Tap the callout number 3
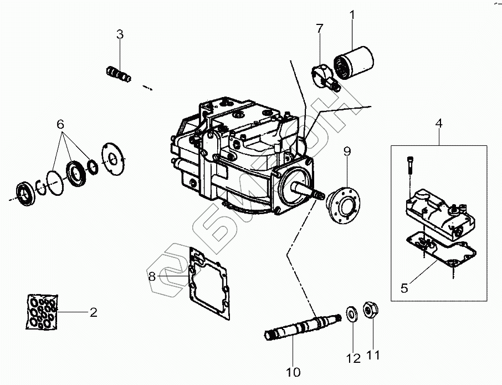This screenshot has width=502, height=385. click(120, 34)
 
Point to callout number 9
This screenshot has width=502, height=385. click(347, 150)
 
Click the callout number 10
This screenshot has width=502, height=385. click(293, 372)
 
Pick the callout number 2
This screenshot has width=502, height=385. click(94, 313)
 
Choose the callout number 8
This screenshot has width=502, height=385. click(152, 276)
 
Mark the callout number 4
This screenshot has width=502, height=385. click(439, 123)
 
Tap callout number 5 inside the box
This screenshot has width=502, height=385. click(404, 288)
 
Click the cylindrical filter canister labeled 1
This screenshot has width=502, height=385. click(354, 60)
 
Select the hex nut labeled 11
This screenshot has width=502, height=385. click(370, 311)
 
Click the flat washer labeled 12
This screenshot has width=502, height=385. click(352, 313)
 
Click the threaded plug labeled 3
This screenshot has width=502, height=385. click(118, 73)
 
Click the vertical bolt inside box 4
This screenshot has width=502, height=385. click(409, 164)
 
